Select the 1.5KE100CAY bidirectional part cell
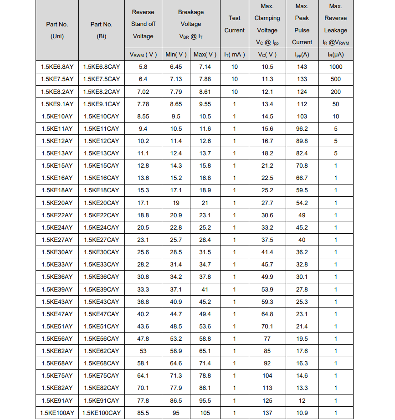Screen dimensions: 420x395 pyautogui.click(x=101, y=413)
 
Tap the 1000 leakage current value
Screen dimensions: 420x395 pyautogui.click(x=335, y=67)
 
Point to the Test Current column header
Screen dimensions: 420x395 pyautogui.click(x=234, y=24)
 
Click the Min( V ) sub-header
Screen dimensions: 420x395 pyautogui.click(x=176, y=55)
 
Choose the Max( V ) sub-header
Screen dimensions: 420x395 pyautogui.click(x=205, y=55)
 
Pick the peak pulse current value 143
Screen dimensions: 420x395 pyautogui.click(x=302, y=67)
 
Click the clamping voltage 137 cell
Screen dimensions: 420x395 pyautogui.click(x=267, y=413)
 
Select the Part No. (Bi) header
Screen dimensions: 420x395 pyautogui.click(x=101, y=30)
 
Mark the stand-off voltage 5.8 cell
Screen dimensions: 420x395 pyautogui.click(x=143, y=67)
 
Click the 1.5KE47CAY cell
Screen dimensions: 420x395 pyautogui.click(x=101, y=314)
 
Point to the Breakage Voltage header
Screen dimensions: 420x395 pyautogui.click(x=190, y=24)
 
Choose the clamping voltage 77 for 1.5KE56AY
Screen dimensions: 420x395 pyautogui.click(x=267, y=338)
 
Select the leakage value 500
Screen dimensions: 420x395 pyautogui.click(x=335, y=79)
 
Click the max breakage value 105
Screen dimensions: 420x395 pyautogui.click(x=205, y=413)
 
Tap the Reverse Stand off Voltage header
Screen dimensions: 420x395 pyautogui.click(x=143, y=24)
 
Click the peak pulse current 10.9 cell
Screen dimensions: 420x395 pyautogui.click(x=302, y=413)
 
